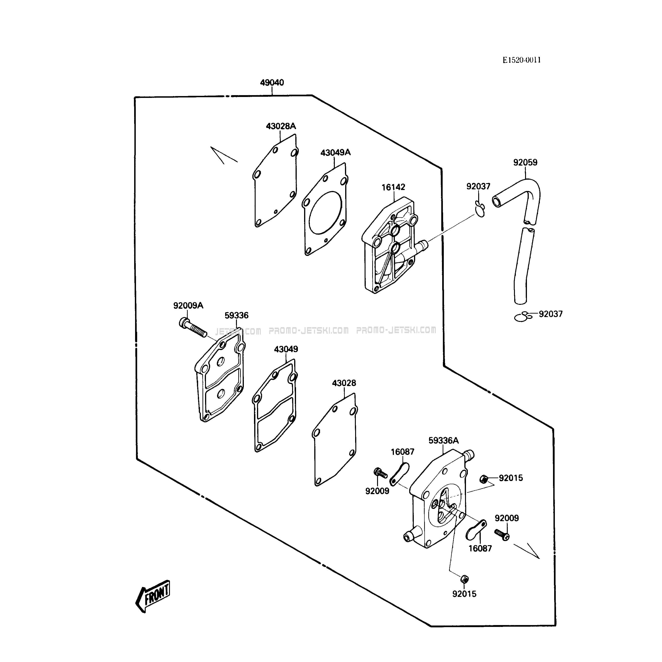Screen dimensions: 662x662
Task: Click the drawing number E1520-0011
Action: click(522, 60)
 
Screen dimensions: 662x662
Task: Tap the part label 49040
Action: click(272, 83)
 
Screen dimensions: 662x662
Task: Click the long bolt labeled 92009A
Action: click(193, 327)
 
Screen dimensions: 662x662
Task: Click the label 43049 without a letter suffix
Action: click(286, 349)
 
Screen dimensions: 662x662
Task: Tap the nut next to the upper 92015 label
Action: click(484, 479)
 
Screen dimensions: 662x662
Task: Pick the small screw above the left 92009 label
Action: click(380, 473)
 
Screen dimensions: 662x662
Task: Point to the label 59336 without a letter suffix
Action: click(236, 315)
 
